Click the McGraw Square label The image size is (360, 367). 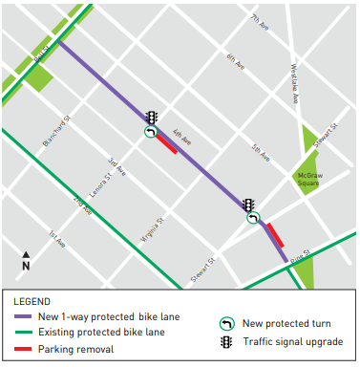[307, 180]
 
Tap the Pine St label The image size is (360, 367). [301, 251]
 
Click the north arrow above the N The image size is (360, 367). [26, 255]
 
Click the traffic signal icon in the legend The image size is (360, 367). [226, 341]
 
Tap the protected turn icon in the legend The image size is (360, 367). [226, 323]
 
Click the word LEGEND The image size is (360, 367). [33, 301]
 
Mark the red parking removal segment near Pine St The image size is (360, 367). [275, 236]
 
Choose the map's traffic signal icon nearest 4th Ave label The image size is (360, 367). [151, 117]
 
